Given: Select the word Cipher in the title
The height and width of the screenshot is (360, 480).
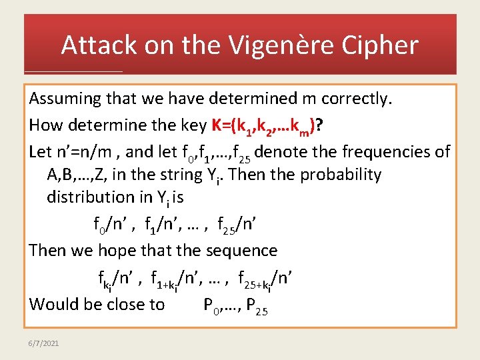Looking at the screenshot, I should pyautogui.click(x=385, y=45).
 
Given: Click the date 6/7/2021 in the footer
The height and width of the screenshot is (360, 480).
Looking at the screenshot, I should pyautogui.click(x=45, y=343).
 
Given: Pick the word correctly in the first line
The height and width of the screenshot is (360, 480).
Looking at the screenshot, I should pyautogui.click(x=356, y=99).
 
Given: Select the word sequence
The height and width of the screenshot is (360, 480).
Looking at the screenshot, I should pyautogui.click(x=244, y=251).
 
